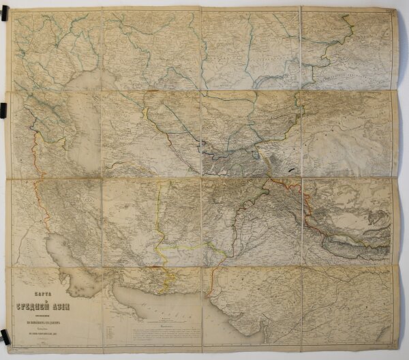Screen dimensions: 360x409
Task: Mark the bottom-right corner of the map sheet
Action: click(x=402, y=349)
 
